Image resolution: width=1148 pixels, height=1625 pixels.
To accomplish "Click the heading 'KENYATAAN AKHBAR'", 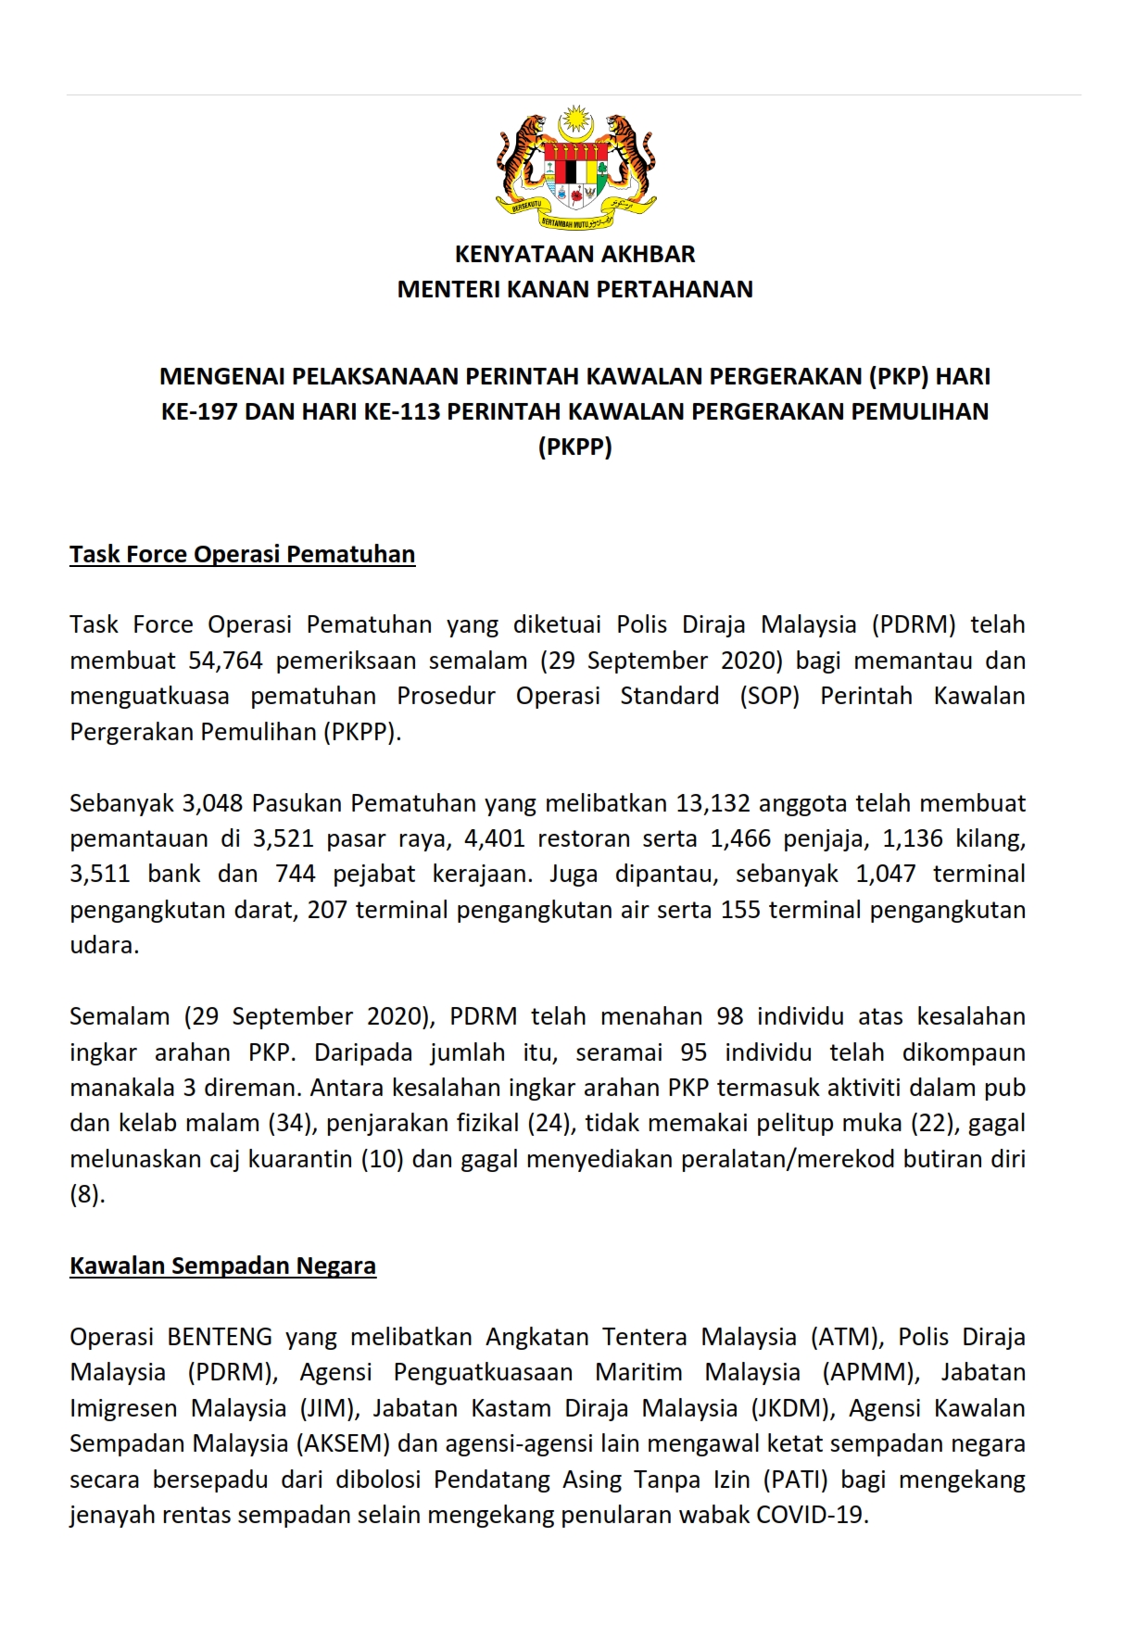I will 574,254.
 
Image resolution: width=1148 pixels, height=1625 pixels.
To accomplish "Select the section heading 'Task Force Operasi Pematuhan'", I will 242,554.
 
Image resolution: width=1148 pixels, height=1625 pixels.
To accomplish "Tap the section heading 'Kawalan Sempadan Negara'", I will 222,1266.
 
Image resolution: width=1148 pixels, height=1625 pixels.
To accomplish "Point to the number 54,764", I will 226,661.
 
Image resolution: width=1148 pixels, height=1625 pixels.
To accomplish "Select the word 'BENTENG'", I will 220,1337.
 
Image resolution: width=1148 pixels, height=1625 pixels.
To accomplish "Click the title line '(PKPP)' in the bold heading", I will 574,447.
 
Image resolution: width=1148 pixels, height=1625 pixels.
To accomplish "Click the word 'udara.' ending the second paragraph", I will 104,945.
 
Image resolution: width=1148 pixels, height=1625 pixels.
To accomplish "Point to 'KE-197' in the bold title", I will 199,411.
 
